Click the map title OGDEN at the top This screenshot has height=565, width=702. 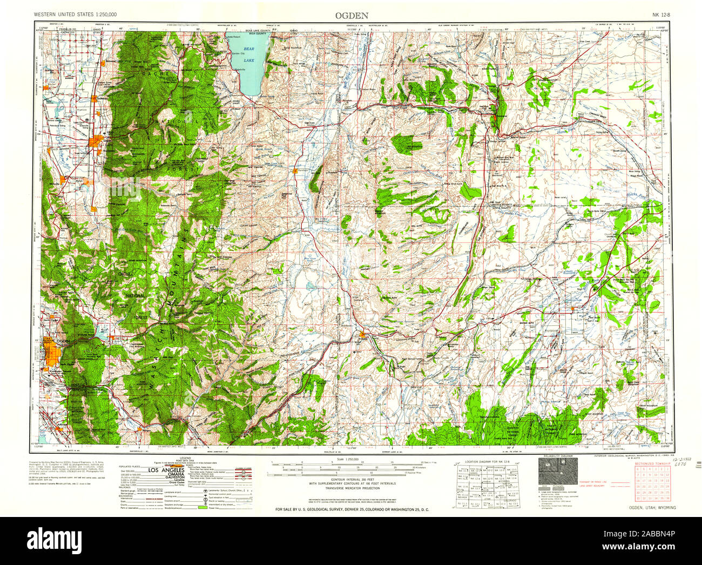pos(352,16)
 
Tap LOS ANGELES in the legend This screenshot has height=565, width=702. pos(166,470)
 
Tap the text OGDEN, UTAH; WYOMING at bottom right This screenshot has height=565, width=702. pos(652,508)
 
